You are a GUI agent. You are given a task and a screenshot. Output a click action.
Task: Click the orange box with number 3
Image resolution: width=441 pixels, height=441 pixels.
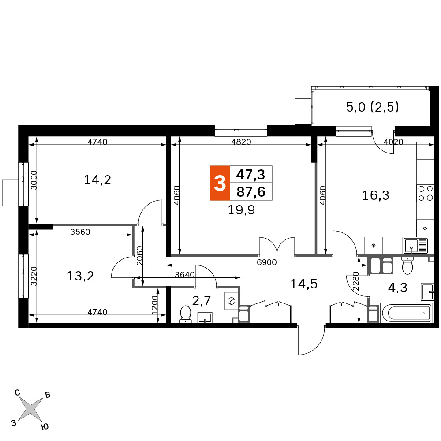(220, 183)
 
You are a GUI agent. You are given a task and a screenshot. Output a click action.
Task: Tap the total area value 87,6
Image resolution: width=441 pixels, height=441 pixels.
(251, 192)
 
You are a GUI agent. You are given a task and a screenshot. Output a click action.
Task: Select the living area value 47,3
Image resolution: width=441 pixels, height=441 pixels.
(250, 175)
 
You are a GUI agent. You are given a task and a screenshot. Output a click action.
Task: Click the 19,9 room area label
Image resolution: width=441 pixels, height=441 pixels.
(241, 210)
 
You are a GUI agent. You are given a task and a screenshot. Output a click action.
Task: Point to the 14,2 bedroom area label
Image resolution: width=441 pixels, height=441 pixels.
(97, 180)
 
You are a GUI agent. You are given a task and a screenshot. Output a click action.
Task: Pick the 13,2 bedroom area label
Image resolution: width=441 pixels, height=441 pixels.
(80, 276)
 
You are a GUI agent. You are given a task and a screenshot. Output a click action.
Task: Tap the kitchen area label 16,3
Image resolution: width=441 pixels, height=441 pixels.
(376, 195)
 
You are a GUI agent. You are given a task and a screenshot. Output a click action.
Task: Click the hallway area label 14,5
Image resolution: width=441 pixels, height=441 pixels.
(304, 284)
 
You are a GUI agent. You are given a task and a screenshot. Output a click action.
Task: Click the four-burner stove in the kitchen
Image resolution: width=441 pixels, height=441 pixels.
(425, 193)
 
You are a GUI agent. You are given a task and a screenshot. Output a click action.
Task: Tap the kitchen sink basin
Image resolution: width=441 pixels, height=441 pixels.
(411, 246)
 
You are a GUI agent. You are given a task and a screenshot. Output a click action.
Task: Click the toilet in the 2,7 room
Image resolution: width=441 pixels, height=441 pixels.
(185, 314)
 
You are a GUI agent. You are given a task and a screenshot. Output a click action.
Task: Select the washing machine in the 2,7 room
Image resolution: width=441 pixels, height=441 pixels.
(232, 301)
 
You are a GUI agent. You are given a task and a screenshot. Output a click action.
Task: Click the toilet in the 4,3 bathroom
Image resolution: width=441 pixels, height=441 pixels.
(407, 265)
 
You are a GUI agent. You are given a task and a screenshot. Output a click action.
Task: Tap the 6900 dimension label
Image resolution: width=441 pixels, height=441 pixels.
(267, 262)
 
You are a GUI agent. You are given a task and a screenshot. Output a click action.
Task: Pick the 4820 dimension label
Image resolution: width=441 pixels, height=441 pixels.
(241, 142)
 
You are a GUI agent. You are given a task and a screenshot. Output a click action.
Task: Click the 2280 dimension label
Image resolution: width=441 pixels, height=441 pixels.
(356, 281)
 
